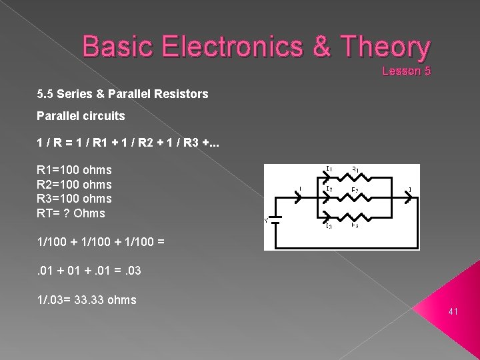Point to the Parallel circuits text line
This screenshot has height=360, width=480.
coord(81,115)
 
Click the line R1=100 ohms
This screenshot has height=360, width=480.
coord(74,170)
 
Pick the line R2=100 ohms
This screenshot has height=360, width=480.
coord(74,185)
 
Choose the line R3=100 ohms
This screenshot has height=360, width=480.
coord(74,199)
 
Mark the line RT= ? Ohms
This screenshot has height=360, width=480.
coord(71,213)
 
